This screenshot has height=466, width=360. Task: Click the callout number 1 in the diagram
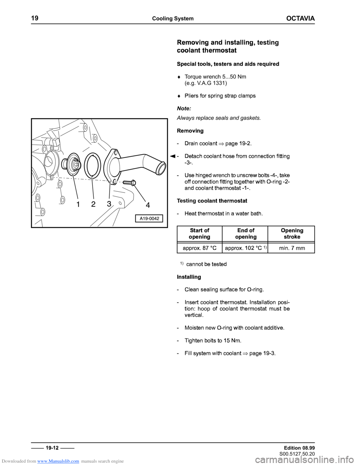(x=78, y=204)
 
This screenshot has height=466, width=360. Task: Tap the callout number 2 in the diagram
(x=93, y=204)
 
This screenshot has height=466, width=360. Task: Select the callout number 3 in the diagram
(x=109, y=204)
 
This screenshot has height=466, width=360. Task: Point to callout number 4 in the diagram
(x=148, y=205)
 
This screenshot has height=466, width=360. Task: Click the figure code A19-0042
(x=149, y=218)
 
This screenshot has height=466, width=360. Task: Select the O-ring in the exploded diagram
(x=92, y=166)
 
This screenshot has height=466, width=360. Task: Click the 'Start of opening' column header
(x=199, y=233)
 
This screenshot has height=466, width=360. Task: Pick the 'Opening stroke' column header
(x=292, y=233)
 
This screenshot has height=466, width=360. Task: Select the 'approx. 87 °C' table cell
(x=199, y=248)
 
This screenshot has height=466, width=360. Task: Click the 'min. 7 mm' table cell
(x=292, y=248)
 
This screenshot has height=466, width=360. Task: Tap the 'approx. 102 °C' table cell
(x=243, y=248)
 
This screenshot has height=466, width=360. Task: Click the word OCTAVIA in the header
(x=300, y=18)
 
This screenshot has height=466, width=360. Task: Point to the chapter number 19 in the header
(x=35, y=18)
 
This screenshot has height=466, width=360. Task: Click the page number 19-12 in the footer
(x=52, y=448)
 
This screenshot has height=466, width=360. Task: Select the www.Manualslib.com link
(x=58, y=461)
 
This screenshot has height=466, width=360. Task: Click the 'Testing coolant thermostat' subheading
(x=212, y=201)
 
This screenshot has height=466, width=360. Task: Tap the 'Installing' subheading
(x=189, y=277)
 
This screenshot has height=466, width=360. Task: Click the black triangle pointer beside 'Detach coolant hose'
(x=171, y=156)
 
